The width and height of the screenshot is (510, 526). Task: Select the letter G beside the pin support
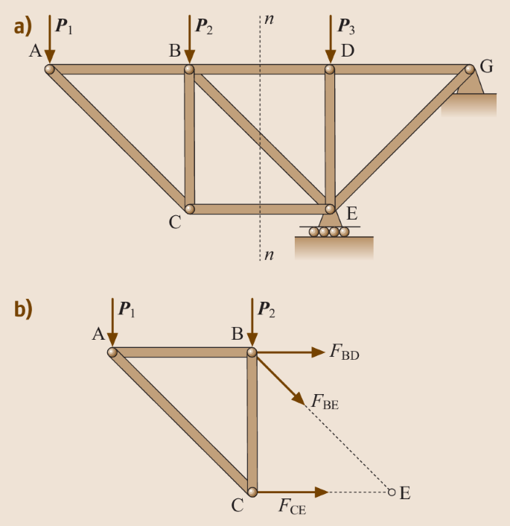[486, 66]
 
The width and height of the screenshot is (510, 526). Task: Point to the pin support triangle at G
[471, 83]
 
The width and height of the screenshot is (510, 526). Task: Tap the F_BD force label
[344, 352]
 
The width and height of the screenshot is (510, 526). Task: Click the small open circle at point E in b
[392, 492]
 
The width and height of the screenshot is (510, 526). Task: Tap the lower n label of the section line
[269, 255]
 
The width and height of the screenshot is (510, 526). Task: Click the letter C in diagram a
[174, 221]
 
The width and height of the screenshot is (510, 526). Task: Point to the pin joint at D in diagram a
[329, 69]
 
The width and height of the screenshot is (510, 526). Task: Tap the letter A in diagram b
[98, 335]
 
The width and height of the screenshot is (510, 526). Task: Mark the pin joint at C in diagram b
[252, 492]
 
